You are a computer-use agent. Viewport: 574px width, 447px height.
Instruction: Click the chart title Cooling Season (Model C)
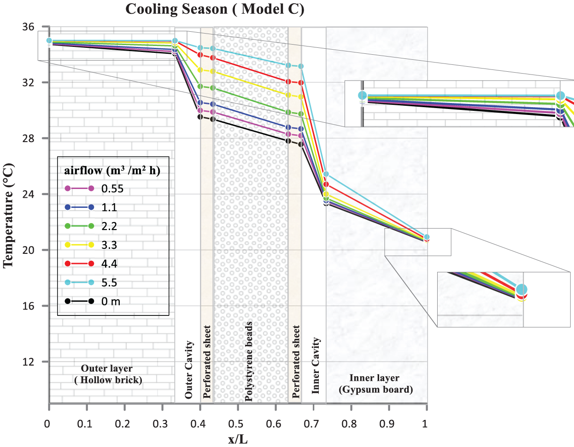[x=215, y=9]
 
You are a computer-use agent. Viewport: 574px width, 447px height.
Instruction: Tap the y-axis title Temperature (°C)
[x=8, y=216]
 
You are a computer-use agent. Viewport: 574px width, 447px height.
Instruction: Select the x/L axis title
[x=238, y=439]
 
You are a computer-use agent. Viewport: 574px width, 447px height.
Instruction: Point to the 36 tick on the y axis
[x=28, y=27]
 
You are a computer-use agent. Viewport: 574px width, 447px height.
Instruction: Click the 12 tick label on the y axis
[x=28, y=362]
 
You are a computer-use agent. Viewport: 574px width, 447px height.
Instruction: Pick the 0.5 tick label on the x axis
[x=236, y=424]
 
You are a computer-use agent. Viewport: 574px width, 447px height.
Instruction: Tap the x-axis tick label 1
[x=425, y=424]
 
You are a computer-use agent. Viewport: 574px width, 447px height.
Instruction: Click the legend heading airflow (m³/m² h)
[x=112, y=171]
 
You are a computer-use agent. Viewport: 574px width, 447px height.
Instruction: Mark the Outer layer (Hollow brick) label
[x=107, y=374]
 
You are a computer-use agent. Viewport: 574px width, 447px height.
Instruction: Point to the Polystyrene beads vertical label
[x=249, y=361]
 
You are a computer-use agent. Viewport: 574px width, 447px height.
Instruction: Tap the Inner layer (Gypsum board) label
[x=375, y=384]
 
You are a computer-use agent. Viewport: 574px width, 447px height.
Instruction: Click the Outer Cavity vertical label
[x=188, y=369]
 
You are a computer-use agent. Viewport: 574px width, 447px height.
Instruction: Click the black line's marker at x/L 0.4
[x=200, y=117]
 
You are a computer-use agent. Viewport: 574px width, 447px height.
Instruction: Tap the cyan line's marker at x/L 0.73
[x=326, y=174]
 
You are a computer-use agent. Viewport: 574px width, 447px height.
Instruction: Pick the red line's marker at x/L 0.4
[x=200, y=55]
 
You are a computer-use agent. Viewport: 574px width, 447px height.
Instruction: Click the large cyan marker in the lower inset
[x=521, y=290]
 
